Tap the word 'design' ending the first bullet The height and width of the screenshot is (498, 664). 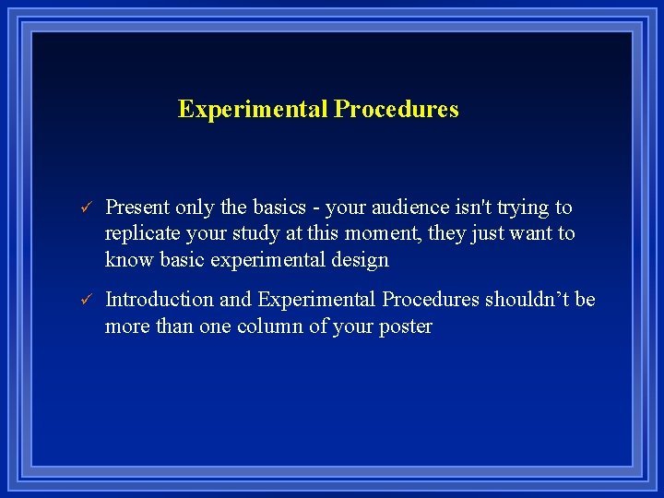coord(361,261)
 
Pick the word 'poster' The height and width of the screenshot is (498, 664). coord(403,327)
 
